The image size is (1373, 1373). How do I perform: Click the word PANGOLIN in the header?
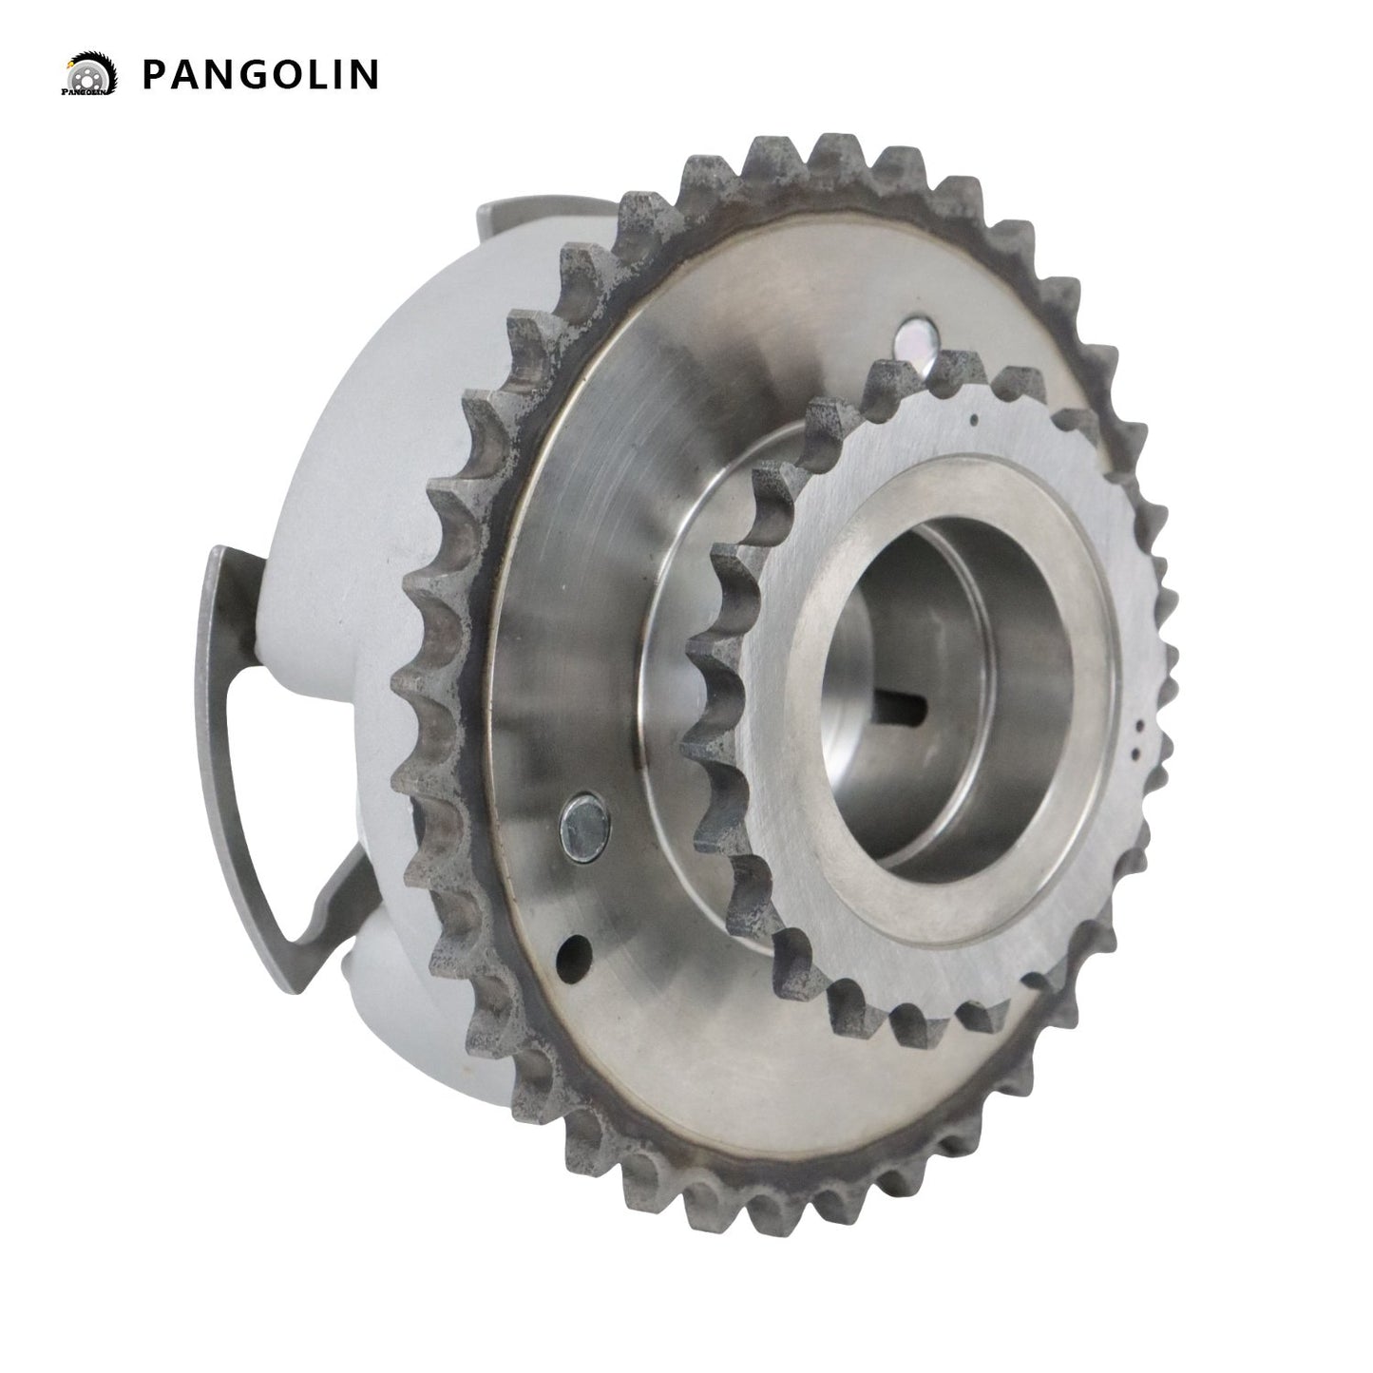tap(260, 74)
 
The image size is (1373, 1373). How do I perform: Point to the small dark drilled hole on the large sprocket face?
tap(575, 950)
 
